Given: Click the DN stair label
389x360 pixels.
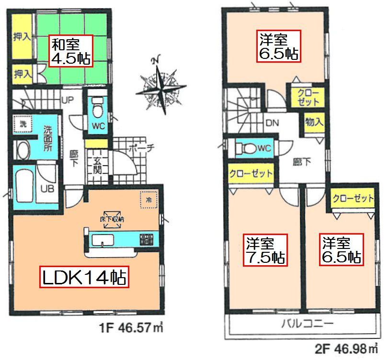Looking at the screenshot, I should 273,123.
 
